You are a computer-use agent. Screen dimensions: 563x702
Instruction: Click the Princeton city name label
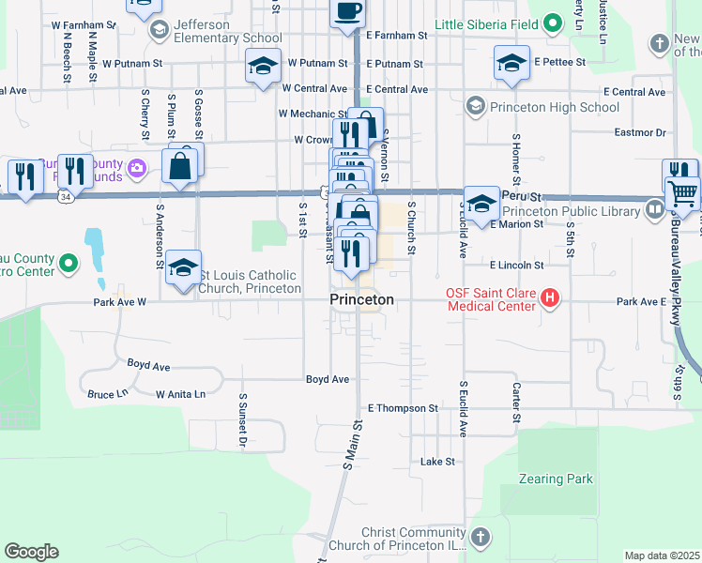pyautogui.click(x=361, y=299)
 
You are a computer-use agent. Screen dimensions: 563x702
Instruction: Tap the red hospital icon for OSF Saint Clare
pyautogui.click(x=551, y=299)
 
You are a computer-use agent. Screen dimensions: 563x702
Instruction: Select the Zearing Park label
pyautogui.click(x=556, y=479)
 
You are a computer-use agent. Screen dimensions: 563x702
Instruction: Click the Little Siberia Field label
pyautogui.click(x=488, y=23)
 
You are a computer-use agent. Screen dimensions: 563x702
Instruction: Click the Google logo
pyautogui.click(x=31, y=552)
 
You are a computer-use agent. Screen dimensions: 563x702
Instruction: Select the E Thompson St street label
pyautogui.click(x=403, y=408)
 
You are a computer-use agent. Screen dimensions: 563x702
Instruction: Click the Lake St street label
pyautogui.click(x=437, y=462)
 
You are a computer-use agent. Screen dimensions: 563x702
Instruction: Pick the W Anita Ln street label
pyautogui.click(x=180, y=394)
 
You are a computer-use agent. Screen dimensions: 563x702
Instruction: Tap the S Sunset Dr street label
pyautogui.click(x=242, y=411)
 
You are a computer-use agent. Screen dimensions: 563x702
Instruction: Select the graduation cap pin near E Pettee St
pyautogui.click(x=511, y=64)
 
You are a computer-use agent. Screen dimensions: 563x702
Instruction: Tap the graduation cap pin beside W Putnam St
pyautogui.click(x=263, y=66)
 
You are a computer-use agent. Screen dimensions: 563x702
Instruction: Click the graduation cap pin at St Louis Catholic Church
pyautogui.click(x=184, y=267)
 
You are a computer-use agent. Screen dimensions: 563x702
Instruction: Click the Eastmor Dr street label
pyautogui.click(x=640, y=133)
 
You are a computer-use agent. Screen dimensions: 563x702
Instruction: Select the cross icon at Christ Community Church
pyautogui.click(x=480, y=538)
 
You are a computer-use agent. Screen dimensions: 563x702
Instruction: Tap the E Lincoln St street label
pyautogui.click(x=516, y=266)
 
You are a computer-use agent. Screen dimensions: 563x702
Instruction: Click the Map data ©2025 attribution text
pyautogui.click(x=662, y=555)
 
